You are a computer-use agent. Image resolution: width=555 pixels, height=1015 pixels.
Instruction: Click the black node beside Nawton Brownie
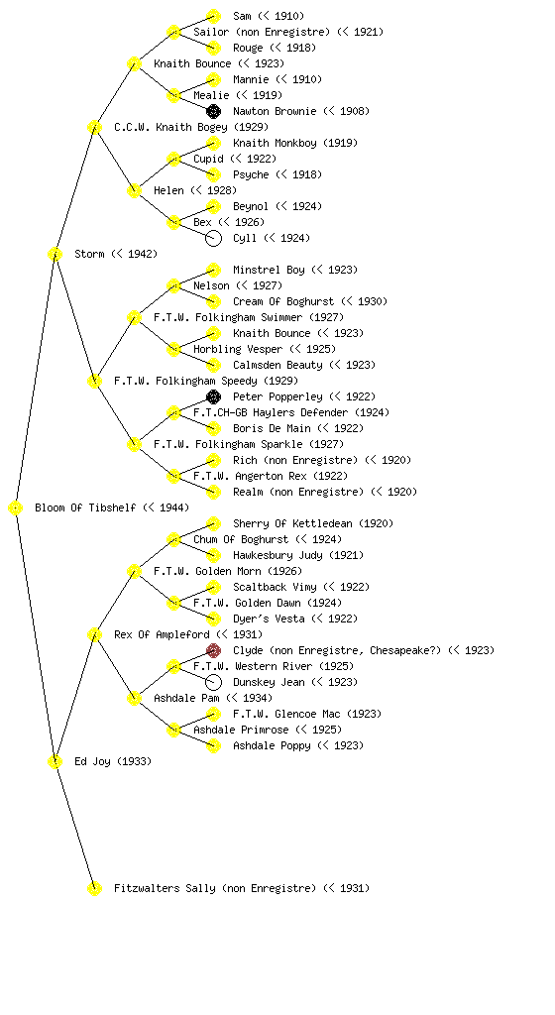click(x=213, y=111)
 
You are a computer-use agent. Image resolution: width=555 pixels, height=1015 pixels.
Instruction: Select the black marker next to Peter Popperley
click(x=213, y=396)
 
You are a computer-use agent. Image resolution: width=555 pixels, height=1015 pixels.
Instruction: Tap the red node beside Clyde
click(x=213, y=650)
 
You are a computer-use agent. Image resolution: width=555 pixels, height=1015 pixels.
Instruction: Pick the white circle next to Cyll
click(x=213, y=238)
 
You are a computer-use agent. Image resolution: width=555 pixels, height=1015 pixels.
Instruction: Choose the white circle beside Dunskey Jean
click(x=213, y=682)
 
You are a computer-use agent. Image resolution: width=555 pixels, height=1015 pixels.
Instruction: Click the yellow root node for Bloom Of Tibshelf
click(x=16, y=507)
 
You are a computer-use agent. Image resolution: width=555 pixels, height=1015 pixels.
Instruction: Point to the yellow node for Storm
click(x=55, y=254)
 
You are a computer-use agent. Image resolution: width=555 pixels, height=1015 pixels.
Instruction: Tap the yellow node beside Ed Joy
click(x=55, y=761)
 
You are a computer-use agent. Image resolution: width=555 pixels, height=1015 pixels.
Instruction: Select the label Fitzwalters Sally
click(x=165, y=888)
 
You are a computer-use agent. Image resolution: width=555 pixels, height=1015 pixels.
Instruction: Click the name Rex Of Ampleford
click(x=162, y=634)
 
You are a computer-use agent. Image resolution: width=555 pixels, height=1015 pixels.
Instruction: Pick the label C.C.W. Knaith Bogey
click(x=170, y=127)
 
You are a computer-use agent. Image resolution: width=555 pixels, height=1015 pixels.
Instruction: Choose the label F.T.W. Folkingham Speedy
click(x=185, y=381)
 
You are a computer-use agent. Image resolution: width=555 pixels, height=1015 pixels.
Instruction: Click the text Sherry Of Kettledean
click(x=292, y=523)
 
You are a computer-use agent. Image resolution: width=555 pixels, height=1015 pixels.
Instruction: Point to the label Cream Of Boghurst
click(x=283, y=301)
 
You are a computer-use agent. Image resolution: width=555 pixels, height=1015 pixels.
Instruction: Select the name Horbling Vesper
click(x=238, y=349)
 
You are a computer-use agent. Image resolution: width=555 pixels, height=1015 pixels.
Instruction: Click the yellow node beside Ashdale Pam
click(x=134, y=698)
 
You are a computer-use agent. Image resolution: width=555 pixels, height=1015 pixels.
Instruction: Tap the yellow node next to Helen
click(x=134, y=190)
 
